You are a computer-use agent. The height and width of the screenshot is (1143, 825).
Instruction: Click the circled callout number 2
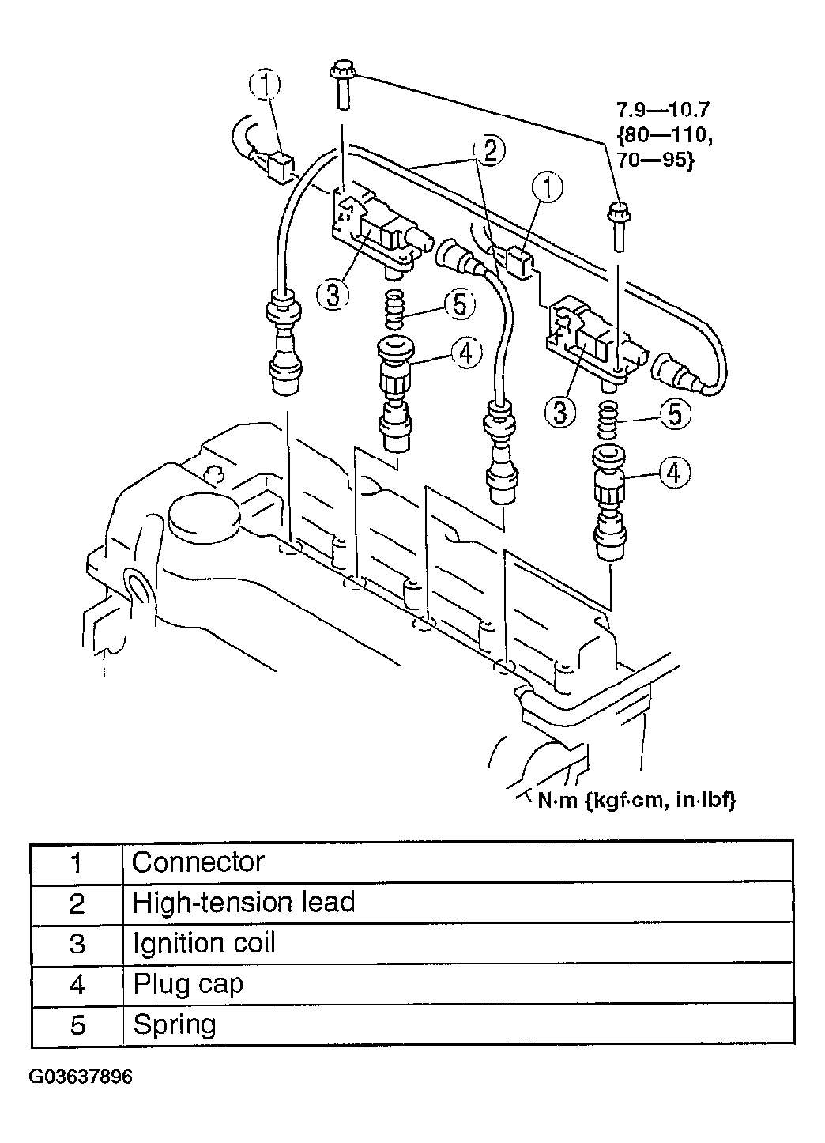click(x=489, y=150)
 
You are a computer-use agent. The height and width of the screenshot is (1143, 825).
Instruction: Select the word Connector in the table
click(x=198, y=862)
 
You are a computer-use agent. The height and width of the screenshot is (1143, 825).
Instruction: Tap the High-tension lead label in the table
click(x=243, y=903)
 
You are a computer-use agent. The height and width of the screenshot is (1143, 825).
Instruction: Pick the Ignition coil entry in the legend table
click(x=204, y=944)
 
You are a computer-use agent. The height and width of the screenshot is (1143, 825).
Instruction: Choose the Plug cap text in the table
click(x=188, y=985)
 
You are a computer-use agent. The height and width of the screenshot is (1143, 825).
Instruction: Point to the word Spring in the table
click(x=175, y=1025)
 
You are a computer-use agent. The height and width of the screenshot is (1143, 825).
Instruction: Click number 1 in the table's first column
click(x=77, y=862)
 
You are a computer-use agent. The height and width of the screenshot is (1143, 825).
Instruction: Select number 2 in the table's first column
click(x=77, y=903)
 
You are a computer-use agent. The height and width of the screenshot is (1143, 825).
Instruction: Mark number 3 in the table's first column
click(x=77, y=945)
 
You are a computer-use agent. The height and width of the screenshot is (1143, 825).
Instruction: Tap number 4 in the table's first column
click(x=77, y=985)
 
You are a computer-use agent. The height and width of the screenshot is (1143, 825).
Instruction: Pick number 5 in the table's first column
click(x=77, y=1026)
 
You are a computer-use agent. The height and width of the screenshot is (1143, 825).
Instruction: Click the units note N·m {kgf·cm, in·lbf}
click(x=637, y=801)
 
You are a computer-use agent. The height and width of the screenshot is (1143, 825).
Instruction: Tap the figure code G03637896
click(x=81, y=1077)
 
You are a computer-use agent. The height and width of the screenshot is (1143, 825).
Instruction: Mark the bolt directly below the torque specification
click(x=617, y=226)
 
